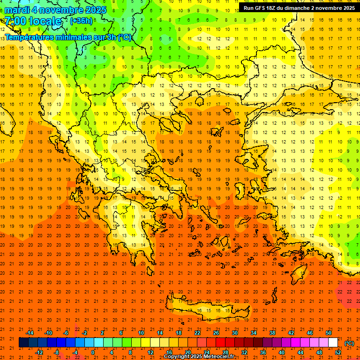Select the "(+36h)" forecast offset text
(81, 21)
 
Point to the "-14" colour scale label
(30, 333)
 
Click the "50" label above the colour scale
(329, 333)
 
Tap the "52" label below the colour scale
(338, 352)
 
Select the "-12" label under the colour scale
(39, 352)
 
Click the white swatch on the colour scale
(333, 343)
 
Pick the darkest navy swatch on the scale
(23, 343)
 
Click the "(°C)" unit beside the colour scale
(349, 343)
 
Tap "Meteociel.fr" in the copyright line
(219, 357)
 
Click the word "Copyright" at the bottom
(178, 357)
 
